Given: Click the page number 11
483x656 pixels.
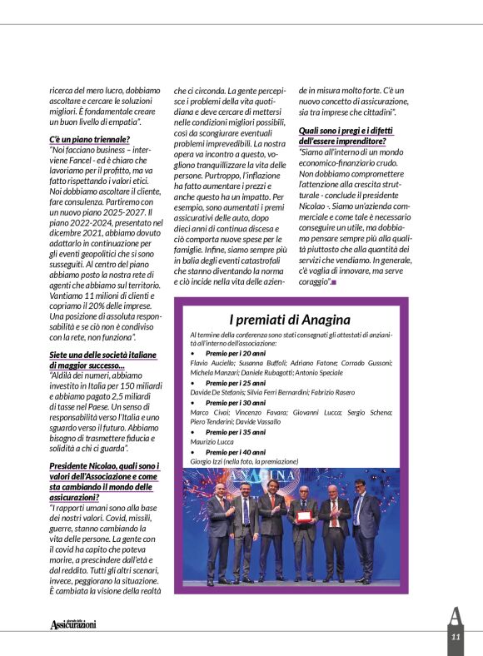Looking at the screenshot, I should (x=456, y=637).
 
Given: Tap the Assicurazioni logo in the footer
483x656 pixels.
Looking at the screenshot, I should (x=73, y=624).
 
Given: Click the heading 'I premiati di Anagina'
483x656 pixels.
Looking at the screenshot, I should (x=296, y=319).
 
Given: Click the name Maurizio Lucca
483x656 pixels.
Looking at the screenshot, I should (x=213, y=442).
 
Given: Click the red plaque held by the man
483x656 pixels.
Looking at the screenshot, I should (x=303, y=518).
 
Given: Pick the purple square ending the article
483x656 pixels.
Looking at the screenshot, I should (x=334, y=283).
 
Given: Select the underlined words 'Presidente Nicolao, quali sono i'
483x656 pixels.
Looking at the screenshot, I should (x=104, y=465).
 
